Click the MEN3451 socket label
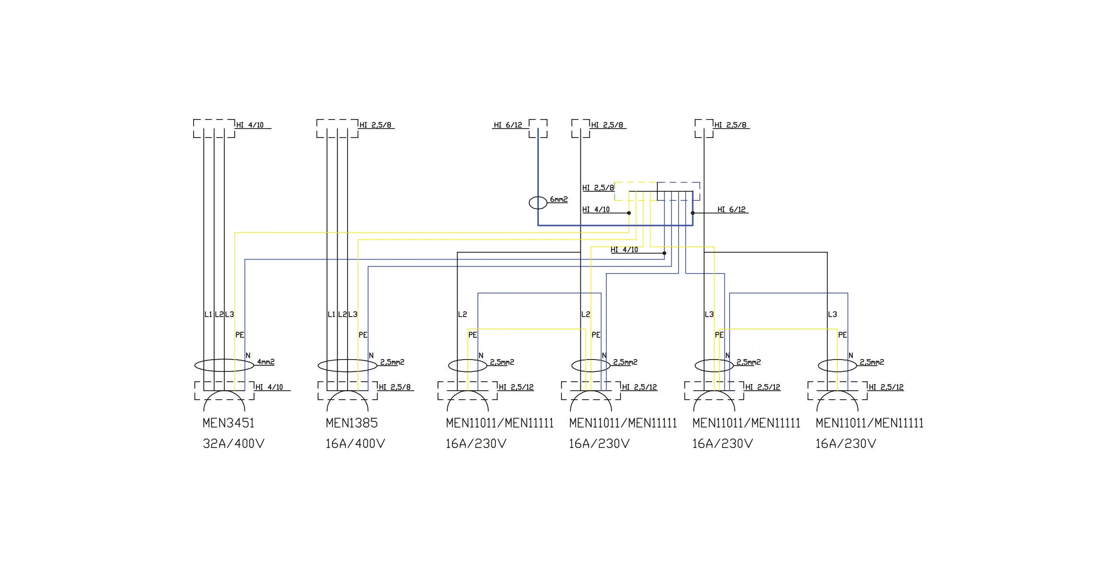229,423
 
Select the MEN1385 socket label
352,423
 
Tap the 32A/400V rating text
233,444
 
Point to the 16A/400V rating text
356,444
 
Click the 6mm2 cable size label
559,199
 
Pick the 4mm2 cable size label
266,362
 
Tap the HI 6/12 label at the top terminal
508,125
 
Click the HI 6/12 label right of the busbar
731,209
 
